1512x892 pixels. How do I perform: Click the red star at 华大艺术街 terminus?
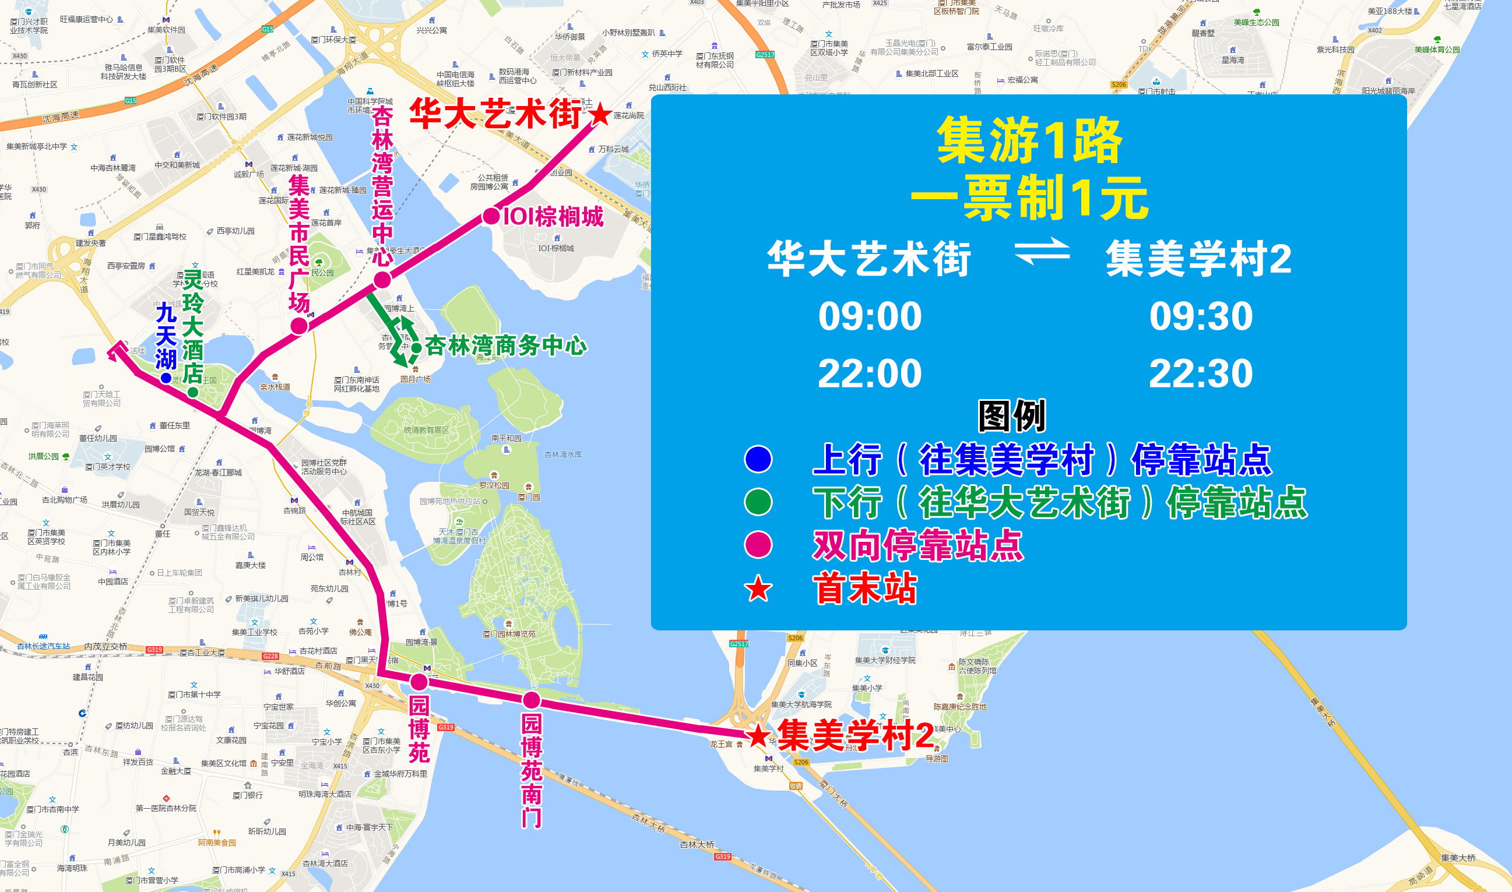(599, 114)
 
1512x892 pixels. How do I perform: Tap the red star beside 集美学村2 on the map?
(758, 735)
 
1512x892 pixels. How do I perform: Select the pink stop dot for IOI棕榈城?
(491, 216)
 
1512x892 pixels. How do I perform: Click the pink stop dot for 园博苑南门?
(532, 700)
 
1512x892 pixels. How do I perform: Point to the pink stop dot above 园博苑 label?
(419, 682)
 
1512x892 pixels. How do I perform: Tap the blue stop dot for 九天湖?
(166, 378)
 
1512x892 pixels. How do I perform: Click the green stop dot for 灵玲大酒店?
(193, 392)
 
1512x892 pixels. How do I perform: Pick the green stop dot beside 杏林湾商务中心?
(416, 347)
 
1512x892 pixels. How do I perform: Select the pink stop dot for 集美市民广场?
(300, 326)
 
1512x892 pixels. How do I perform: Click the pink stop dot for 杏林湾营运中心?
(382, 280)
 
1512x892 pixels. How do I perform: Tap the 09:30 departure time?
(1201, 316)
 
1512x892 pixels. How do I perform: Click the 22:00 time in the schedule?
(869, 373)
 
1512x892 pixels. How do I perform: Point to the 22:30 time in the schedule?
(1201, 373)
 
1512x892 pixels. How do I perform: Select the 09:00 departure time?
(869, 316)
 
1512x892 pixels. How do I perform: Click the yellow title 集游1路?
(1029, 141)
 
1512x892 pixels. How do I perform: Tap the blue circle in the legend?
(758, 459)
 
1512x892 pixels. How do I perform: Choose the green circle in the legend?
(758, 502)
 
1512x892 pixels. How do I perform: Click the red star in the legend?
(758, 588)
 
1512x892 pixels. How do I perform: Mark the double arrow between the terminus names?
(1042, 251)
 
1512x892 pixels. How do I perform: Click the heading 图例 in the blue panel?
(1012, 416)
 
